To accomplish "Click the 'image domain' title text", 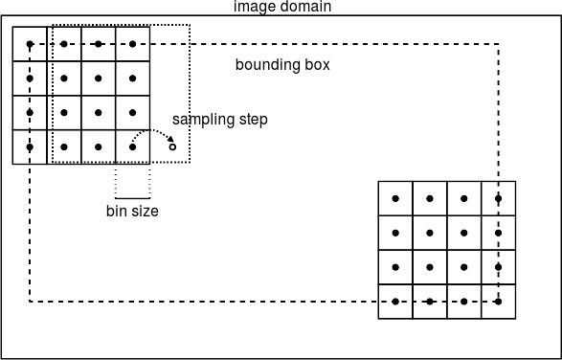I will pyautogui.click(x=282, y=7).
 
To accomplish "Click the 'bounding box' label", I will pyautogui.click(x=282, y=65).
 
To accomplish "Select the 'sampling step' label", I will pyautogui.click(x=219, y=120).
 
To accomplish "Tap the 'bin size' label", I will pyautogui.click(x=132, y=211).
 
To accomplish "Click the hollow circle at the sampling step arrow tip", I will pyautogui.click(x=172, y=146).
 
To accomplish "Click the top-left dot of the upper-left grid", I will pyautogui.click(x=30, y=44).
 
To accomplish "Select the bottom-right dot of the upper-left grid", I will pyautogui.click(x=132, y=146).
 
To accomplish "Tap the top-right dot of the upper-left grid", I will pyautogui.click(x=132, y=44).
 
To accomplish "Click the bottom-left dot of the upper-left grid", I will pyautogui.click(x=30, y=146).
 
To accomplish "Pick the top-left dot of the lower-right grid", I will pyautogui.click(x=395, y=198).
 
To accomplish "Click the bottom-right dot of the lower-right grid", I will pyautogui.click(x=498, y=301).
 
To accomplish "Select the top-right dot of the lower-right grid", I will pyautogui.click(x=498, y=198).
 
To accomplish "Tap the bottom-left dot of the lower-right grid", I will pyautogui.click(x=395, y=301).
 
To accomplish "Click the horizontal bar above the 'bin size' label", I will pyautogui.click(x=132, y=197).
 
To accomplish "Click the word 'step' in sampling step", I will pyautogui.click(x=251, y=120).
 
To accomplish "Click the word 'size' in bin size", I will pyautogui.click(x=145, y=211).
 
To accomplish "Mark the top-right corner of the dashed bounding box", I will pyautogui.click(x=498, y=44).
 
